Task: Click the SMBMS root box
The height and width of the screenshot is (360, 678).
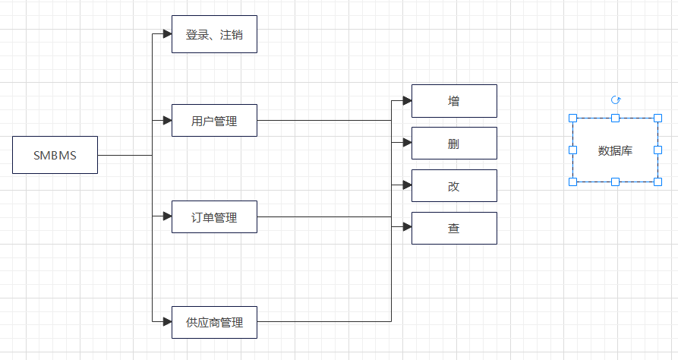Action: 55,155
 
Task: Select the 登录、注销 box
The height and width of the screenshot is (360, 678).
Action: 214,34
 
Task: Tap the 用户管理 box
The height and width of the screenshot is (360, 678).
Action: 214,120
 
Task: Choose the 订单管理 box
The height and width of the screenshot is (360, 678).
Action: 214,217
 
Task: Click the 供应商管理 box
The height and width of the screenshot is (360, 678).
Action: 214,322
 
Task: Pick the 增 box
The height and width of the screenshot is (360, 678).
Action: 454,100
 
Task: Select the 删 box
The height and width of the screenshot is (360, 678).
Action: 454,143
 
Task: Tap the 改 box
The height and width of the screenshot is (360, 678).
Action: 454,185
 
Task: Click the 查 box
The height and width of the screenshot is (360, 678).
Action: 454,228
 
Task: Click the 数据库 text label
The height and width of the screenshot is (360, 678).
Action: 615,150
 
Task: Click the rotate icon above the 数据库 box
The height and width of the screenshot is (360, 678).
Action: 616,100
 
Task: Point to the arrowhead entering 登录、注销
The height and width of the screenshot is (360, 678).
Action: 167,34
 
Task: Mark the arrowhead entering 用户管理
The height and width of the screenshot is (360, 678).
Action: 167,120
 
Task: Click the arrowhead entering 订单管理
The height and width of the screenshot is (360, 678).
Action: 167,217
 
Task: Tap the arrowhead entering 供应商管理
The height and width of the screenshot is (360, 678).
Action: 167,322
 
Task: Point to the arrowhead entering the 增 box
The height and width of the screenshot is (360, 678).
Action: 407,100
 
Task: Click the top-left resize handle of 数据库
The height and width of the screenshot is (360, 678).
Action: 573,118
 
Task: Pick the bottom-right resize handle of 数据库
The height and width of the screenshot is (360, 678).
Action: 658,182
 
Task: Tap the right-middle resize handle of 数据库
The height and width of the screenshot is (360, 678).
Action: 658,150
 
